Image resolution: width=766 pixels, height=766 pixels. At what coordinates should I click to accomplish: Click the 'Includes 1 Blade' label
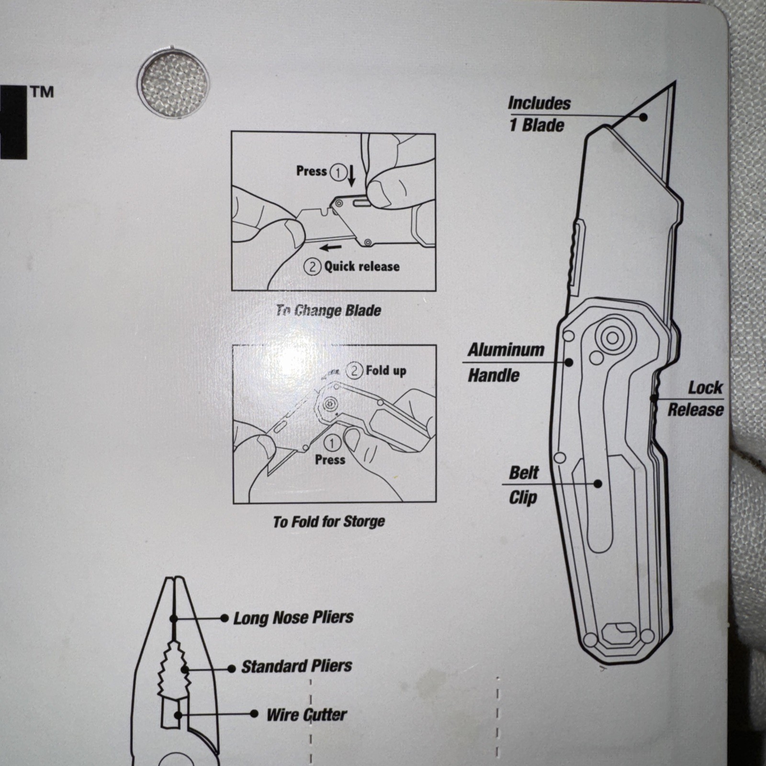[x=539, y=114]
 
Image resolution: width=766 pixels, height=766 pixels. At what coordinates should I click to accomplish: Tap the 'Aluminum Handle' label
[x=506, y=362]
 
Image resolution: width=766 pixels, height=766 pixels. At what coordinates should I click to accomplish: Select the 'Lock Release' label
[x=696, y=399]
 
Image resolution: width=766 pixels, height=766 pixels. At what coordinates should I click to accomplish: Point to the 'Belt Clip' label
[x=523, y=485]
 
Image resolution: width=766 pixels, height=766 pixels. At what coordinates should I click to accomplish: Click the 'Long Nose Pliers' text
[x=293, y=618]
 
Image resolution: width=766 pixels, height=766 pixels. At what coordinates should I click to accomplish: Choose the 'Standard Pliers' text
[x=297, y=666]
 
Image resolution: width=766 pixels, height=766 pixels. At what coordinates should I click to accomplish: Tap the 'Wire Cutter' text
[x=307, y=715]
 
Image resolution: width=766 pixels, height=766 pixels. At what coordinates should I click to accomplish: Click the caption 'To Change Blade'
[x=328, y=311]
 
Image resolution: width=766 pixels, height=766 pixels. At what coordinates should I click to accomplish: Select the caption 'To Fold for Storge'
[x=329, y=521]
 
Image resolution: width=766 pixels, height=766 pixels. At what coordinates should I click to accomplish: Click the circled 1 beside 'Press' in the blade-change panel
[x=338, y=172]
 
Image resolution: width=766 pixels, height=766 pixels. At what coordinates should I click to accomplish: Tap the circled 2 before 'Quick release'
[x=312, y=266]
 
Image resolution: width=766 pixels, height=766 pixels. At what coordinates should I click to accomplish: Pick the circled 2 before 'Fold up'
[x=354, y=371]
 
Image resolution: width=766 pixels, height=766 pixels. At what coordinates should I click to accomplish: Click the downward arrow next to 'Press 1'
[x=351, y=176]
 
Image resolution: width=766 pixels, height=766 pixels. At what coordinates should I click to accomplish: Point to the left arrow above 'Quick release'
[x=331, y=248]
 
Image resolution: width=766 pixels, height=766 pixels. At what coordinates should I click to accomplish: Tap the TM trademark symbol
[x=42, y=92]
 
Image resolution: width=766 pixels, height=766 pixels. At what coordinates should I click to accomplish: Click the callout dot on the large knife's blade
[x=644, y=117]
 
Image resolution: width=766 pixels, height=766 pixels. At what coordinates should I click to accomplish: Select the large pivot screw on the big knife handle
[x=612, y=338]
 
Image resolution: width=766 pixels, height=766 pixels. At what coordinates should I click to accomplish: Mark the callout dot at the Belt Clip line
[x=597, y=484]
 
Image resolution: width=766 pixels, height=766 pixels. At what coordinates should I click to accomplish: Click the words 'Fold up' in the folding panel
[x=386, y=371]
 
